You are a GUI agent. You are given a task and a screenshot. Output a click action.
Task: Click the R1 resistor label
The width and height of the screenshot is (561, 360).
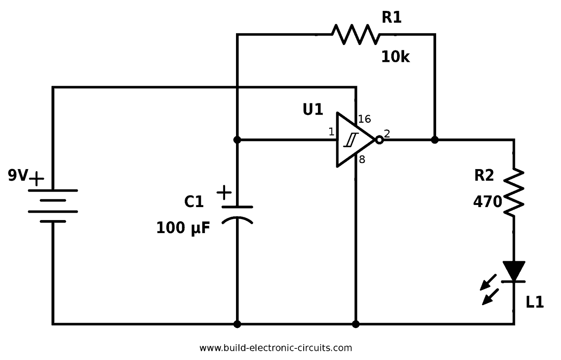tap(391, 18)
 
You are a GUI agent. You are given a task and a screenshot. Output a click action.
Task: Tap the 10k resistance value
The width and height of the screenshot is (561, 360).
tap(395, 57)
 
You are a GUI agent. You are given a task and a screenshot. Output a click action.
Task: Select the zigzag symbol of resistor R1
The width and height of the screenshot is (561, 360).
tap(356, 34)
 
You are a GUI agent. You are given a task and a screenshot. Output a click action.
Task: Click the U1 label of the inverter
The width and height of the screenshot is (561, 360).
tap(313, 109)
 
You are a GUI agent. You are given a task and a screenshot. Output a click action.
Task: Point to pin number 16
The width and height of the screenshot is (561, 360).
tap(364, 119)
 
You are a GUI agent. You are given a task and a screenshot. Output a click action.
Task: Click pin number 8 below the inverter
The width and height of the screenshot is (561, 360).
tap(362, 160)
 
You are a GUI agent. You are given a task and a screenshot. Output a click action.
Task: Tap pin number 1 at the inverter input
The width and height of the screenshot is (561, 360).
tap(331, 132)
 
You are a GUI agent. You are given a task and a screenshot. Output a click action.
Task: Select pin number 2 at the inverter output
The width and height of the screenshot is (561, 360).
tap(387, 134)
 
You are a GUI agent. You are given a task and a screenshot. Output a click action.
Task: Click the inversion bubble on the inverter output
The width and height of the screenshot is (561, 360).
tap(380, 140)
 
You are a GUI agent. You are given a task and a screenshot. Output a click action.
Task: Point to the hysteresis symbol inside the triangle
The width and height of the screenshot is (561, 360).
tap(351, 140)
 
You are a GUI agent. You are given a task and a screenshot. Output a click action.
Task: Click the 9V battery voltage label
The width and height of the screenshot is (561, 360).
tap(18, 175)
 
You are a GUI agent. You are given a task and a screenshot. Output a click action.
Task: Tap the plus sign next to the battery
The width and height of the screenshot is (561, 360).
tap(37, 179)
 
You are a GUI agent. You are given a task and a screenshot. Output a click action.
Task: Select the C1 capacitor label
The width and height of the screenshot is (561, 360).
tap(193, 201)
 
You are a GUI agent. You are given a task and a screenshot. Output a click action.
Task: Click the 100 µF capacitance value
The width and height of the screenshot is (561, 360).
tap(183, 228)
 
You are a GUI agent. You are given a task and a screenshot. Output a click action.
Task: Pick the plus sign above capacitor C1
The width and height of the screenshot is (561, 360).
tap(224, 192)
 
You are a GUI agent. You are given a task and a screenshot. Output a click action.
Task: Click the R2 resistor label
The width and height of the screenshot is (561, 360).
tap(484, 175)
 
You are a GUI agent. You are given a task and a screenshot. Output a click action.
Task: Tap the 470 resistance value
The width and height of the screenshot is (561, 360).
tap(487, 201)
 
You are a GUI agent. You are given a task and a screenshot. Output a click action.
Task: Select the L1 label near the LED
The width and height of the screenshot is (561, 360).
tap(535, 302)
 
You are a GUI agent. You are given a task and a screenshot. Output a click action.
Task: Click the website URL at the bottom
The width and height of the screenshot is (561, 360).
tap(275, 348)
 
